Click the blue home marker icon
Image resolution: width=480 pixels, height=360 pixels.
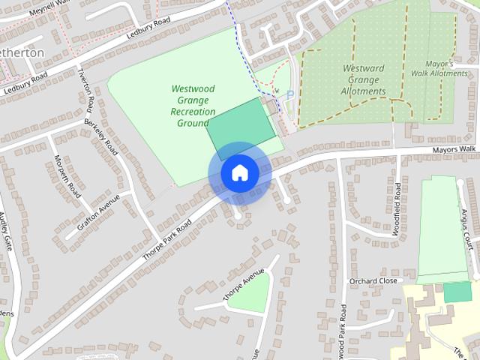pyautogui.click(x=239, y=173)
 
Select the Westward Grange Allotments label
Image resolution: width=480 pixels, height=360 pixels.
pyautogui.click(x=364, y=80)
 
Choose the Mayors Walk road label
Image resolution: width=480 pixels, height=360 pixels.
pyautogui.click(x=454, y=150)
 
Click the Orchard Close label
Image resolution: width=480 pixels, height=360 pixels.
pyautogui.click(x=373, y=281)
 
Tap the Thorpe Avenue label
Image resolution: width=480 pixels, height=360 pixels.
pyautogui.click(x=244, y=286)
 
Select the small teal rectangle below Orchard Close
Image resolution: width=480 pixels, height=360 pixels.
pyautogui.click(x=457, y=292)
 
